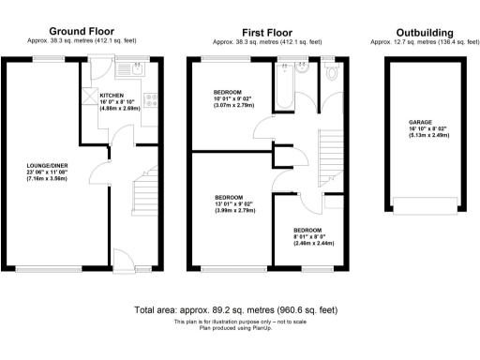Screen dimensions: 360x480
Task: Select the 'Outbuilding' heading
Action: pos(418,31)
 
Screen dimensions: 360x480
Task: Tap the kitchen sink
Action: pos(135,67)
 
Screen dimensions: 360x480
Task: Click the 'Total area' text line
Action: pos(235,309)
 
